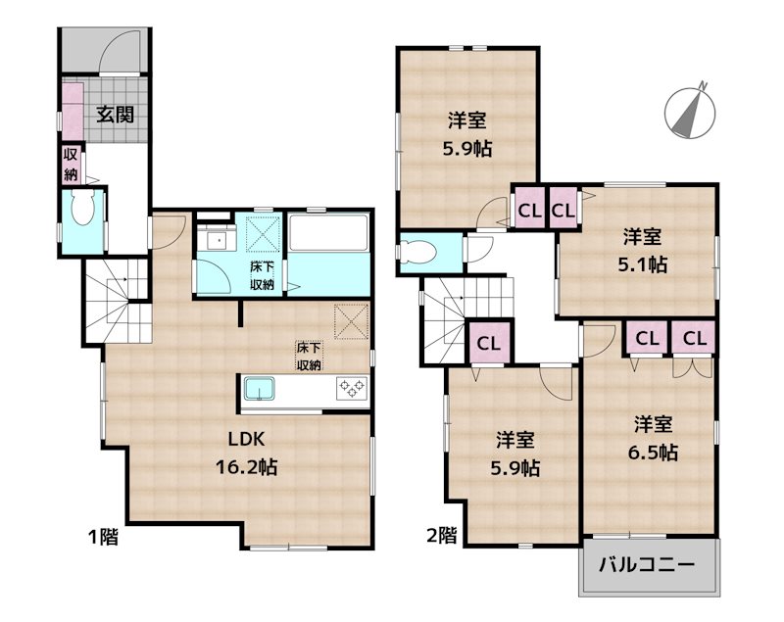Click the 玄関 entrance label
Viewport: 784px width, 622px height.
coord(115,114)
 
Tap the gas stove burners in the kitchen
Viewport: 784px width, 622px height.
coord(351,389)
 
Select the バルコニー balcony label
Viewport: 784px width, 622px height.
coord(647,565)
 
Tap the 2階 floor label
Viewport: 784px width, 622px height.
coord(441,536)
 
